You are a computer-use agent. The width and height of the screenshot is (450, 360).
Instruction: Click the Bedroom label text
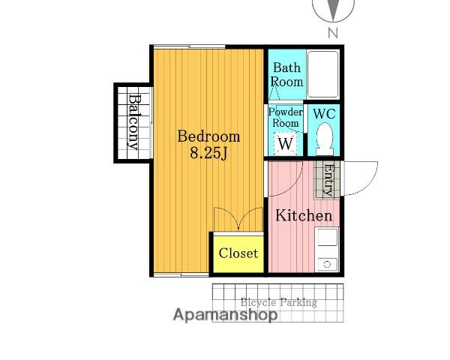[208, 136]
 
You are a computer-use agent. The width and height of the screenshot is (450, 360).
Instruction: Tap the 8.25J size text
[208, 154]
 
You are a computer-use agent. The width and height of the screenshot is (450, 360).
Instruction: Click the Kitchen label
[304, 215]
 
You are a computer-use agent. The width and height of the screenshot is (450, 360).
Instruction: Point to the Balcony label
[133, 122]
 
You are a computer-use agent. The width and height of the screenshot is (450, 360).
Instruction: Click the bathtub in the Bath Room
[322, 75]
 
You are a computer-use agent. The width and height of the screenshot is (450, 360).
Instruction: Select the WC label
[324, 114]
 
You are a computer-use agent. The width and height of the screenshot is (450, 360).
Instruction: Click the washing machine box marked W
[286, 143]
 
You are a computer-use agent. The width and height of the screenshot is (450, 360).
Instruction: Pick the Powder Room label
[286, 118]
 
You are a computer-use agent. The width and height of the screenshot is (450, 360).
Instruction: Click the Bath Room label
[287, 75]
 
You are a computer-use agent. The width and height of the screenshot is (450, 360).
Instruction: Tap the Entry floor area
[327, 180]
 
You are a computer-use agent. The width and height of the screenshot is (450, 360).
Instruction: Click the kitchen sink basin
[327, 237]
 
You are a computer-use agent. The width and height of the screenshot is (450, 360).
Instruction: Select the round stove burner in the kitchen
[327, 265]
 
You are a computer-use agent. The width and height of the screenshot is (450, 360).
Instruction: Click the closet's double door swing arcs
[238, 219]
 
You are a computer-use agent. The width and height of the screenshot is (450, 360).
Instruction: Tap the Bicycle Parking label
[279, 302]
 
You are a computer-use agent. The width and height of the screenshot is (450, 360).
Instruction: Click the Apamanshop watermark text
[226, 315]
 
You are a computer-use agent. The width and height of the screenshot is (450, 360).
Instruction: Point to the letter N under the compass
[332, 33]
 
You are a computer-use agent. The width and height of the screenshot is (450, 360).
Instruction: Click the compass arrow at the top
[333, 10]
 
